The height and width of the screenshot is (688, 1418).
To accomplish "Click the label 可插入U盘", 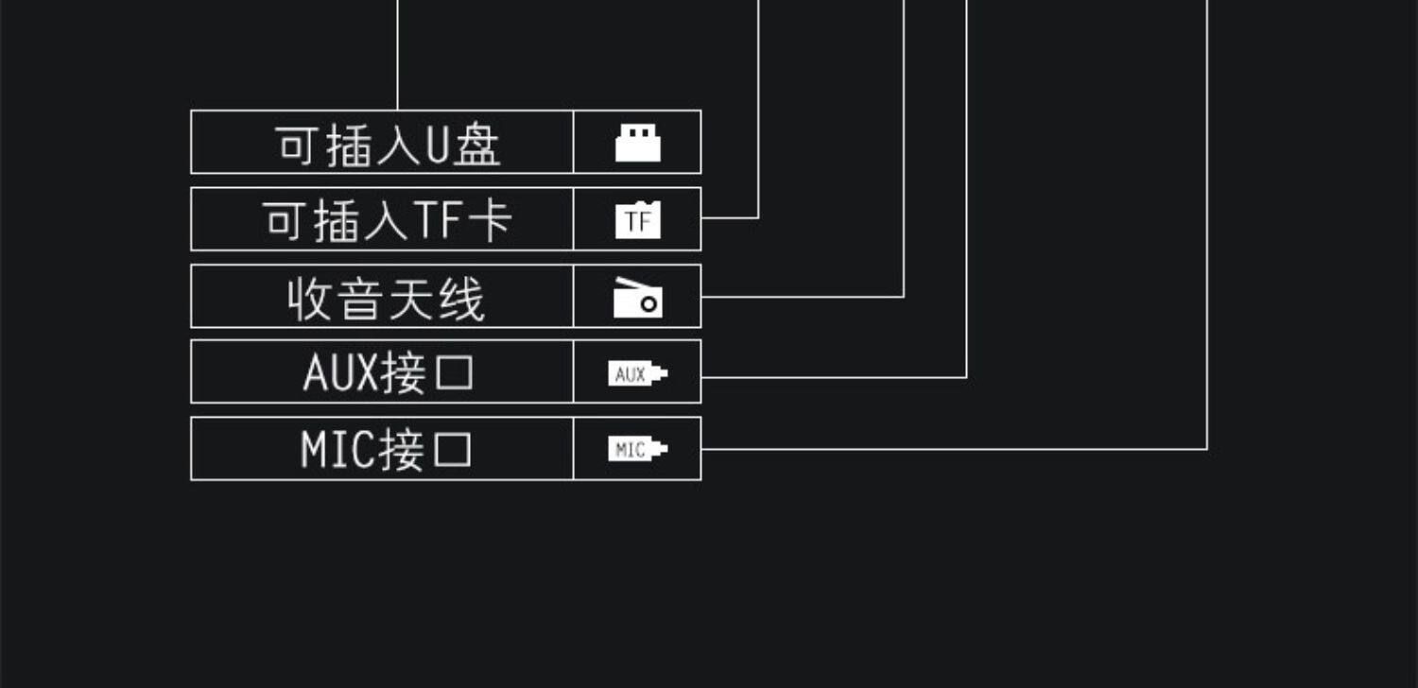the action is tap(388, 145).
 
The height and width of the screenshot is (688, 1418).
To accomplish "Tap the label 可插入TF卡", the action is tap(388, 221).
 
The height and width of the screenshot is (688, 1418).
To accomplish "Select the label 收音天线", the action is tap(386, 299).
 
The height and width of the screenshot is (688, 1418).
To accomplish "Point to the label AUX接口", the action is tap(388, 373).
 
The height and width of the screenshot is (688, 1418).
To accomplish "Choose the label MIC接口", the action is tap(386, 450).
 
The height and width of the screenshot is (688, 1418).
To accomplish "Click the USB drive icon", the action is tap(637, 144).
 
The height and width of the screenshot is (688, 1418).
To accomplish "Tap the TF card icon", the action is tap(637, 221).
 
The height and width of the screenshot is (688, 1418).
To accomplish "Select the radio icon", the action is tap(637, 298).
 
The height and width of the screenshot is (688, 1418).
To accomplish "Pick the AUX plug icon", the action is tap(637, 374).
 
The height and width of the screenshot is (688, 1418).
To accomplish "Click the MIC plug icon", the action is tap(637, 450).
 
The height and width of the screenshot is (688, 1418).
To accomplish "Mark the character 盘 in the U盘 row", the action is tap(476, 146).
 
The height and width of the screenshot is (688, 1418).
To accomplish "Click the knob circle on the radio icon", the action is tap(648, 304).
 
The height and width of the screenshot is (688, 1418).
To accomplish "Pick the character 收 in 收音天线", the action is tap(309, 299).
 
